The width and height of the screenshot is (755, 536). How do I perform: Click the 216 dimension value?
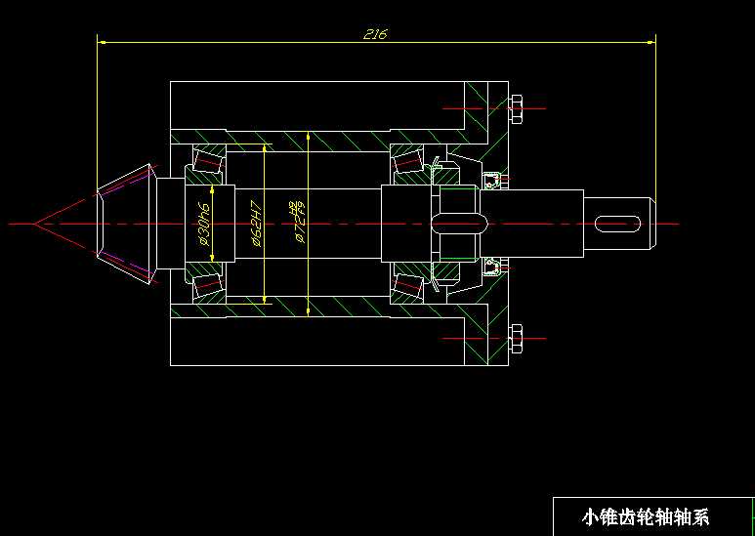click(x=375, y=34)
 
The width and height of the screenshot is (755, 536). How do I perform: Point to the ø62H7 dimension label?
click(x=256, y=224)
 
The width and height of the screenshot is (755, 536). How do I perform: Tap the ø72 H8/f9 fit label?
click(x=297, y=221)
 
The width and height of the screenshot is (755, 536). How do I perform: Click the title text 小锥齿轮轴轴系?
click(x=645, y=517)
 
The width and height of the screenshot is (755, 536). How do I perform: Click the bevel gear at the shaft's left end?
click(x=125, y=224)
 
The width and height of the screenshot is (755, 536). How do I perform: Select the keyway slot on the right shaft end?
click(x=618, y=224)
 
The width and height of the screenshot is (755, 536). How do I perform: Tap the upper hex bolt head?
click(x=517, y=109)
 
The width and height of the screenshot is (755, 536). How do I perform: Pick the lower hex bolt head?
click(x=517, y=338)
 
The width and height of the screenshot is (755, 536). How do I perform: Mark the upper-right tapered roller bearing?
click(x=407, y=162)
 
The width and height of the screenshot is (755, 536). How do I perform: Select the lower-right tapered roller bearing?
click(x=407, y=284)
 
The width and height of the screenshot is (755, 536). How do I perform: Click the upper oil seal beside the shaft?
click(x=491, y=180)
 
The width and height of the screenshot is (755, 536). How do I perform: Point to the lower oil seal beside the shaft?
click(x=491, y=267)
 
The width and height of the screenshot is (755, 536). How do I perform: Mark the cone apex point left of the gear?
click(x=35, y=224)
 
